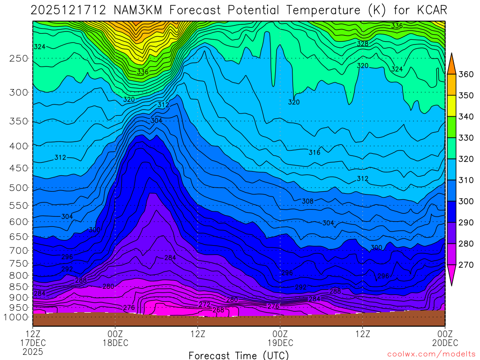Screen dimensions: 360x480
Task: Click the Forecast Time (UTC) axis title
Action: coord(239,355)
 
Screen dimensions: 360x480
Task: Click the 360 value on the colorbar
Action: coord(465,75)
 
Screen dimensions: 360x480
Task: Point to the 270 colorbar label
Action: coord(465,265)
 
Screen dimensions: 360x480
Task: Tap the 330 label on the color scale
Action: coord(465,138)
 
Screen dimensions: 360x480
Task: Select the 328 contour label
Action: coord(362,44)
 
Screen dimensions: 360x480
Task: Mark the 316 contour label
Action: coord(315,152)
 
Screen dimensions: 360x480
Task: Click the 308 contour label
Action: coord(307,201)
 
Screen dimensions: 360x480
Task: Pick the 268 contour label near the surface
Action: coord(218,310)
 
